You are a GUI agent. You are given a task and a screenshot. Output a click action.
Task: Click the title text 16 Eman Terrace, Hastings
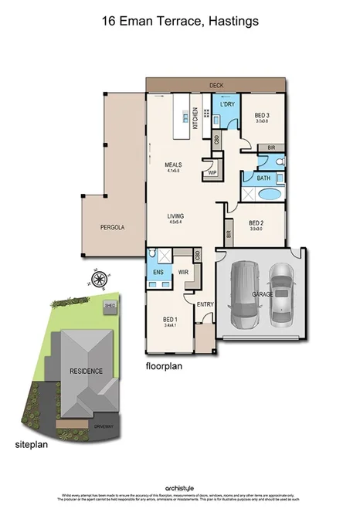179,22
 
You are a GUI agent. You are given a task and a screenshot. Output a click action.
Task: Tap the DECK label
216,85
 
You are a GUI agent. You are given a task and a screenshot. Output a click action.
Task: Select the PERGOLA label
112,228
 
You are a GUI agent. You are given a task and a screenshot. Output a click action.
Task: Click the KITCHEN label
196,118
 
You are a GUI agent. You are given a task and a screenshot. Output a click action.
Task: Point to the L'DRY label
227,104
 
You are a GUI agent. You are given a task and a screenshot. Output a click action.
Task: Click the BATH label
264,178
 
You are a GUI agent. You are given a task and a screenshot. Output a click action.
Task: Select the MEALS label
173,165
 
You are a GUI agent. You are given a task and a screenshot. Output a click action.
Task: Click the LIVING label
174,217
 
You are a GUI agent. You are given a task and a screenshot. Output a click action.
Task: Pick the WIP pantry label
211,173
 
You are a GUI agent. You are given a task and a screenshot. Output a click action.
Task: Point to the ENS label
158,273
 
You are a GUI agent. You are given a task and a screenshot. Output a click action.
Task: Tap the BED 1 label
170,320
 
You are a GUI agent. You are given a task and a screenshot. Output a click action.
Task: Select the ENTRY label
205,304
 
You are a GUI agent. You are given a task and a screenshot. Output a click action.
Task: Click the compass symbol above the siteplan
98,279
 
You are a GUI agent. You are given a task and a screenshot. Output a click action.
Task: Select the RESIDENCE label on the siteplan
86,371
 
